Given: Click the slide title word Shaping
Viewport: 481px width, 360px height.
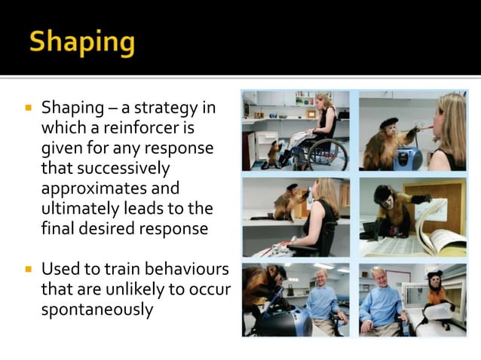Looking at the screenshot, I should tap(82, 41).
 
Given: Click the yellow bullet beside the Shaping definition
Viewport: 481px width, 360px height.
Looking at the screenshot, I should tap(29, 108).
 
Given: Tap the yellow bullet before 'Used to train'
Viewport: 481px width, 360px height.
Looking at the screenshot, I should tap(29, 269).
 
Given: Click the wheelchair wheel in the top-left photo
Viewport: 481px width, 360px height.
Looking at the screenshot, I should tap(328, 154).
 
